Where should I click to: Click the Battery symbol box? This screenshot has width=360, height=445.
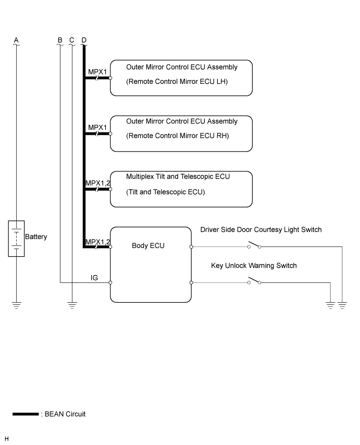(16, 238)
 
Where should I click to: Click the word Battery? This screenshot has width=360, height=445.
(36, 237)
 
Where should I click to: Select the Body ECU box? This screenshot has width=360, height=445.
(151, 264)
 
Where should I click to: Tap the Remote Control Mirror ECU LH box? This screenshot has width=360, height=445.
(181, 78)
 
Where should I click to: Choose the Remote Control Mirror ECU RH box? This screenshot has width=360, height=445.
(181, 133)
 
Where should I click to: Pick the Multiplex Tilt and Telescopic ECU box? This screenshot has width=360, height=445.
(181, 189)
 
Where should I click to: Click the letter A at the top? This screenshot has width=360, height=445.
(16, 40)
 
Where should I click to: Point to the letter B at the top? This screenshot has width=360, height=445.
(60, 40)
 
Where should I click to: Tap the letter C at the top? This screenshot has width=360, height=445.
(72, 40)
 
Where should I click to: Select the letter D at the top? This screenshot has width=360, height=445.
(84, 40)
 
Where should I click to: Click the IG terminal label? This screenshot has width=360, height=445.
(94, 278)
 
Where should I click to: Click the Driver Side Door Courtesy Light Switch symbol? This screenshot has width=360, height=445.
(254, 245)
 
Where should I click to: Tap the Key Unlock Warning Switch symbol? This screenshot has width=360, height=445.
(254, 281)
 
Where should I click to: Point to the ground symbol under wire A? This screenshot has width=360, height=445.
(16, 305)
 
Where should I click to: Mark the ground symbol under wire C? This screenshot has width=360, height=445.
(72, 305)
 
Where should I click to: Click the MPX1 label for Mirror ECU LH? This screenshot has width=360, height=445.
(97, 72)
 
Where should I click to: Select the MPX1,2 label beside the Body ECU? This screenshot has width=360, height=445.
(97, 241)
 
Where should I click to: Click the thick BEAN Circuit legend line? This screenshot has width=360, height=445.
(26, 414)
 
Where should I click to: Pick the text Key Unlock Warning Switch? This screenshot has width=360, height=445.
(254, 266)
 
